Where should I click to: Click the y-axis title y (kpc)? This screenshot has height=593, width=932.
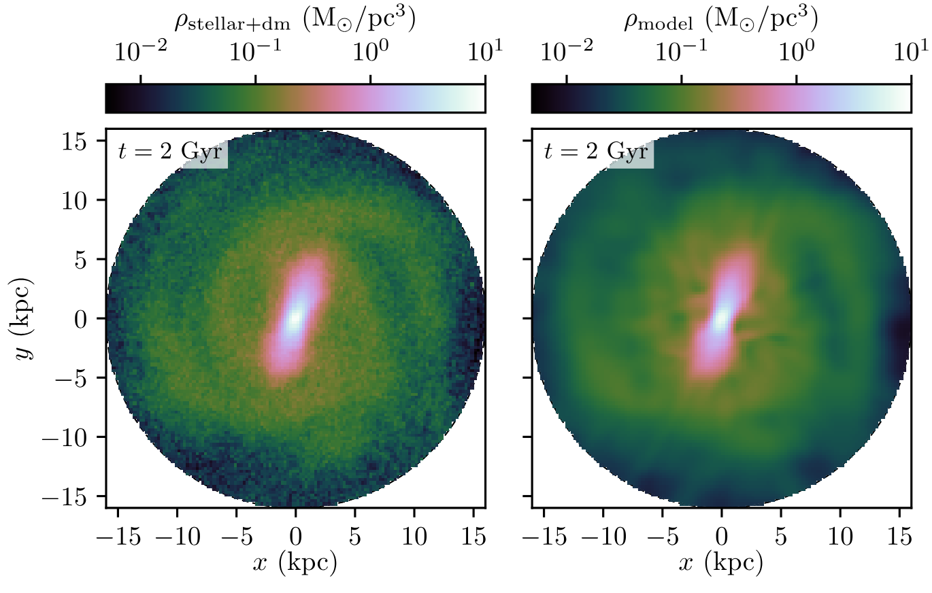coord(27,318)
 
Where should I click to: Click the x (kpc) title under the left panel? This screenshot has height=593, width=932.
coord(295,562)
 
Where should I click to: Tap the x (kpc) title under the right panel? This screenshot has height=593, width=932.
coord(721,562)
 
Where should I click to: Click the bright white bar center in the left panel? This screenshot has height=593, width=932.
coord(295,317)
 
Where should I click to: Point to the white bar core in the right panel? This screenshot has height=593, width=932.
coord(721,317)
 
